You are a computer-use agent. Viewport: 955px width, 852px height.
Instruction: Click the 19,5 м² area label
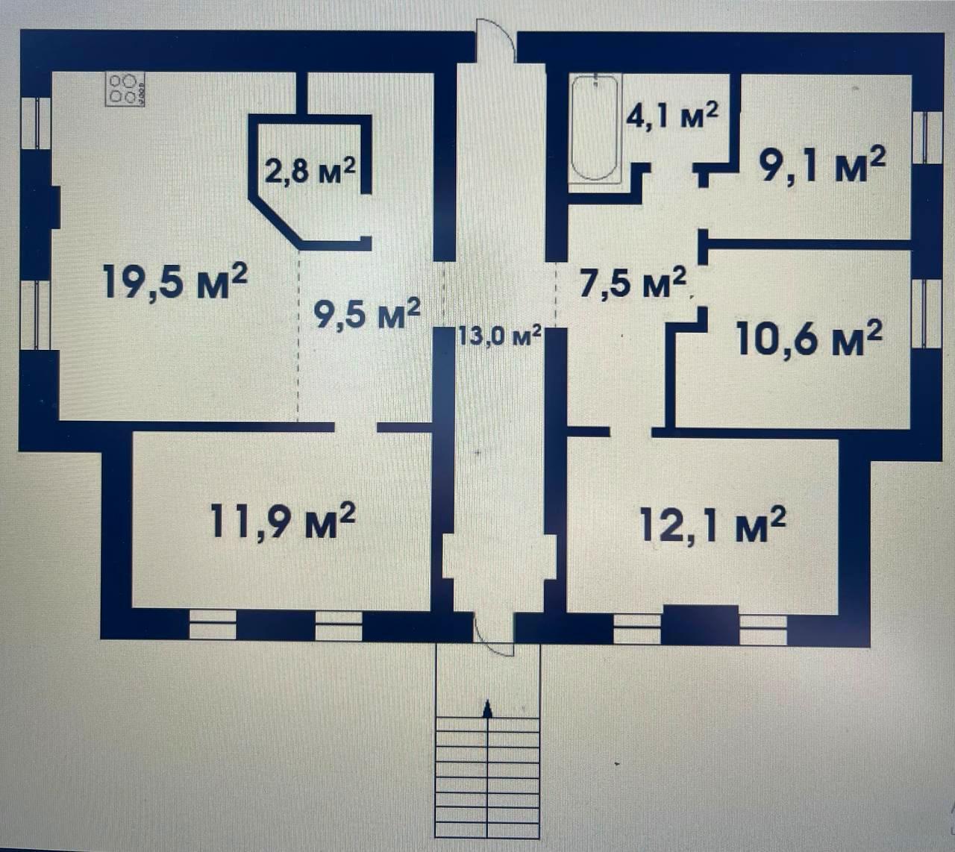tap(175, 281)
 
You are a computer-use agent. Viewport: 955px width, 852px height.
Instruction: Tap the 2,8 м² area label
tap(310, 171)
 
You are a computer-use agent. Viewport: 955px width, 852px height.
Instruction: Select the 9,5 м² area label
tap(367, 313)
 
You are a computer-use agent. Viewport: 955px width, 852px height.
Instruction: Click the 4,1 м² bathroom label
tap(672, 116)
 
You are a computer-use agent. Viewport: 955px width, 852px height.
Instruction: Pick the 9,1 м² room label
tap(822, 165)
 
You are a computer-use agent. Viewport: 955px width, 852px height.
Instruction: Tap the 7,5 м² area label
tap(633, 283)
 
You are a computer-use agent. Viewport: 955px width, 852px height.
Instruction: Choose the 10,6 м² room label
tap(810, 339)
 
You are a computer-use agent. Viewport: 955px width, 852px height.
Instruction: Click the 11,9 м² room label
tap(283, 521)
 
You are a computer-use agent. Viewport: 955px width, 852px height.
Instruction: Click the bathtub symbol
tap(595, 129)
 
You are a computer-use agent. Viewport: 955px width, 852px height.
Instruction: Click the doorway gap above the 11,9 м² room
tap(356, 427)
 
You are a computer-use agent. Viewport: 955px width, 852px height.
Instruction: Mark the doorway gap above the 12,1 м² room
tap(631, 431)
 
